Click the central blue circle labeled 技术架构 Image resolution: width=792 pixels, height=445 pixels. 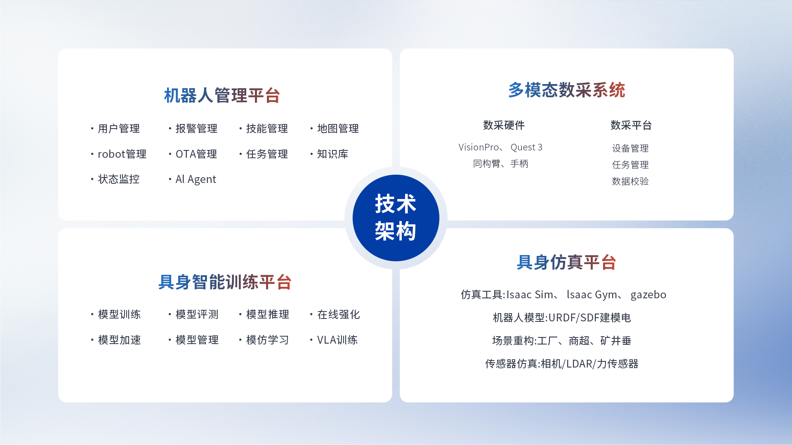coord(396,218)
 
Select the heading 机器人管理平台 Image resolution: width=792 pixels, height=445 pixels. coord(222,96)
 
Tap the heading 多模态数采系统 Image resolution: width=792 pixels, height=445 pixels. coord(566,90)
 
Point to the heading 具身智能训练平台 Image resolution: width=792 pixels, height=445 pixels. coord(225,282)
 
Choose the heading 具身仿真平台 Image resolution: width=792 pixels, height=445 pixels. coord(566,262)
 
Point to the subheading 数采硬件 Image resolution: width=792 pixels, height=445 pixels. coord(504,125)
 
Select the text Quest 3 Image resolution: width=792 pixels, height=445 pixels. coord(526,147)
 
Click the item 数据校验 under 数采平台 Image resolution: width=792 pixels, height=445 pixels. coord(630,181)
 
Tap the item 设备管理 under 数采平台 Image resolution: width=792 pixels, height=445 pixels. coord(630,148)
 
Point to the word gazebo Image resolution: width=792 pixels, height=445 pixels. coord(648,295)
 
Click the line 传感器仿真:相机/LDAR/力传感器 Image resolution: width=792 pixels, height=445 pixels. coord(562,364)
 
